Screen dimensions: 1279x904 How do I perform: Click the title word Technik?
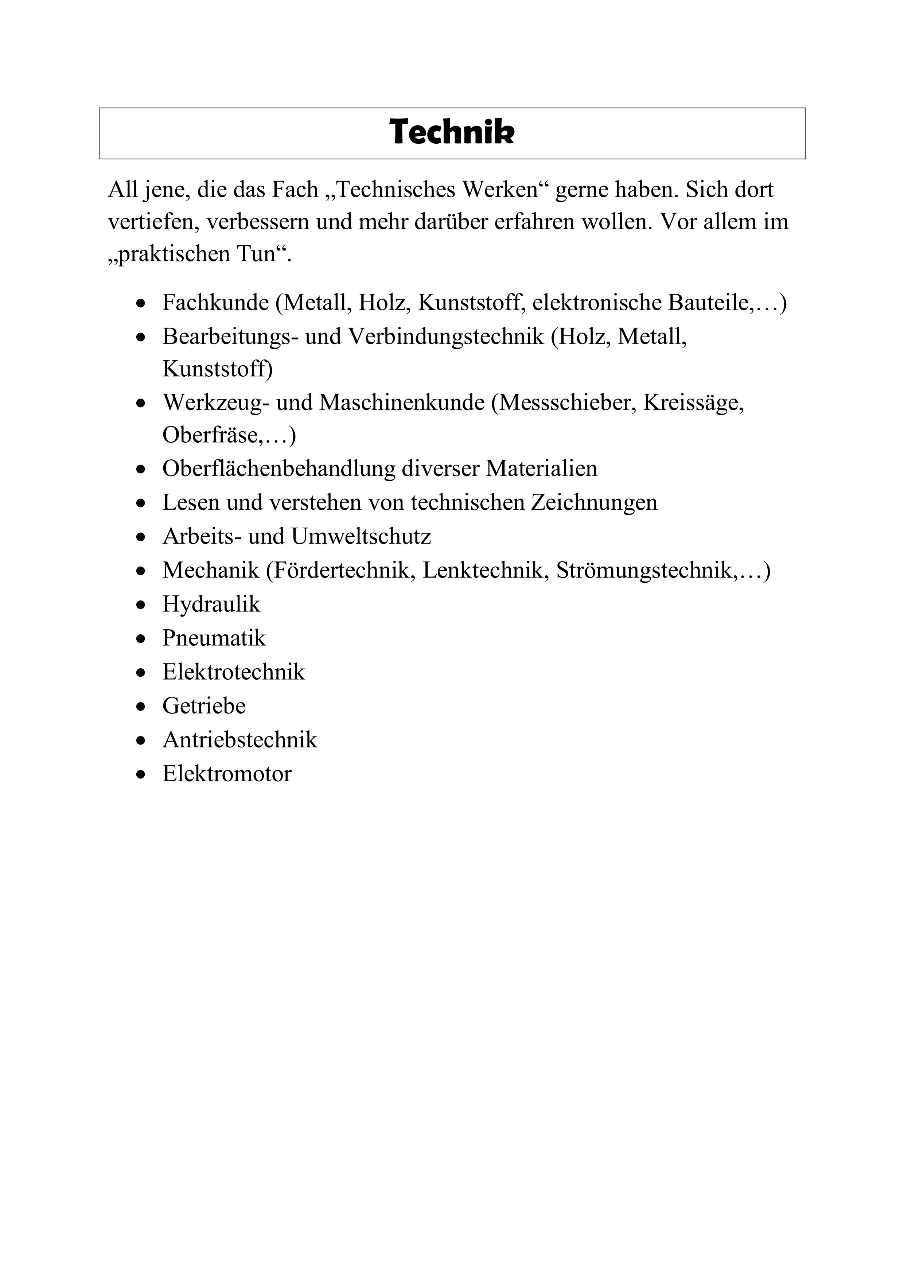coord(452,133)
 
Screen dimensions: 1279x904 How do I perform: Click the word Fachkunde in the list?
coord(215,303)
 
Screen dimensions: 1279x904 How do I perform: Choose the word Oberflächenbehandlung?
coord(278,469)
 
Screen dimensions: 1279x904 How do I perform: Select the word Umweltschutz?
coord(361,536)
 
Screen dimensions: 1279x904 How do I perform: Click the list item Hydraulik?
coord(211,604)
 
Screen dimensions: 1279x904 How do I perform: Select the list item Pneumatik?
coord(214,638)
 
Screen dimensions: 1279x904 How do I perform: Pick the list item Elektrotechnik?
coord(233,672)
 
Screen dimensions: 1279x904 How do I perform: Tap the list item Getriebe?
coord(204,706)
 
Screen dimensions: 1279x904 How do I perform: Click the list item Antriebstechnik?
coord(239,740)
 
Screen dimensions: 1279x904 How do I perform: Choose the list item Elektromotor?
coord(227,774)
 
